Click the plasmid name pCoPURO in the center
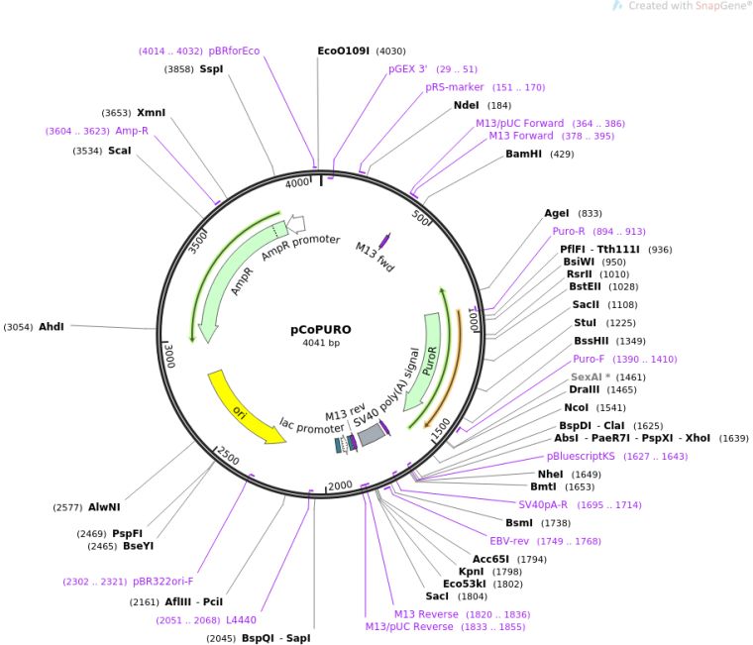(x=320, y=330)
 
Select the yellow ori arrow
(x=243, y=406)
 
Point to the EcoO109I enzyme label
(x=343, y=51)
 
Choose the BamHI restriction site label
(x=525, y=155)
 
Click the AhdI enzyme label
(x=52, y=327)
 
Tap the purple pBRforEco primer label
(x=234, y=51)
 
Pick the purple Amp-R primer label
(x=132, y=131)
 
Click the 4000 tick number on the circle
(x=296, y=183)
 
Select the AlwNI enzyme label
(x=104, y=506)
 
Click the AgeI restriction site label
(x=558, y=213)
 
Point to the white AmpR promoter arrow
(x=295, y=225)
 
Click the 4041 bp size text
(x=320, y=344)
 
